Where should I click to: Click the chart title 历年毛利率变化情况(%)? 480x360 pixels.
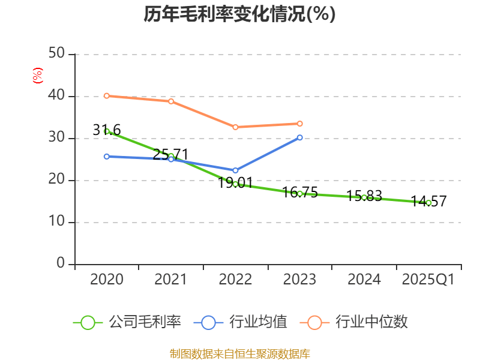pos(239,14)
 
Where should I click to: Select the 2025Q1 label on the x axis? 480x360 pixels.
pos(428,279)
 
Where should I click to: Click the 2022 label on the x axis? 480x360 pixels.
pos(235,279)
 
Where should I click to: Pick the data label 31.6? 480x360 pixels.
pos(107,130)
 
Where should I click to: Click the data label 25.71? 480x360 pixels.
pos(171,154)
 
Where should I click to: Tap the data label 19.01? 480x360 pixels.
pos(235,183)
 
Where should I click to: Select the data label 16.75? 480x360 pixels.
pos(299,193)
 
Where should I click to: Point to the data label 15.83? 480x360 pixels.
pos(364,196)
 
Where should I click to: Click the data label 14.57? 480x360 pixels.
pos(428,202)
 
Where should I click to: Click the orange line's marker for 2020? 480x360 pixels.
pos(107,96)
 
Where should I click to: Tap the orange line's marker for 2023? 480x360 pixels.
pos(300,124)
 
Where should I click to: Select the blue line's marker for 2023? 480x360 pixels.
pos(300,137)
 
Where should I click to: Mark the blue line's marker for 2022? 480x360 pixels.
pos(235,170)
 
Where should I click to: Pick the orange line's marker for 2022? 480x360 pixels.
pos(235,127)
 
